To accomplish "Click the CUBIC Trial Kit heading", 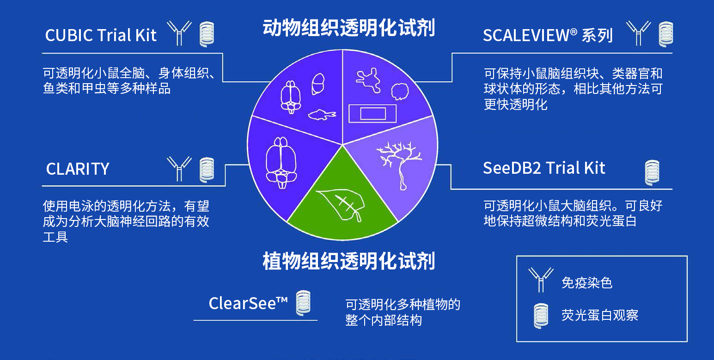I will (101, 36).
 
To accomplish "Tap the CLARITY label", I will (78, 169).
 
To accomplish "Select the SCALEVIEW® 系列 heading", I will (548, 36).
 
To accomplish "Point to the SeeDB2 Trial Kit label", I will (544, 168).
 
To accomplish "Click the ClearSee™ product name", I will (248, 304).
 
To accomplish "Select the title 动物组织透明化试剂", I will (349, 28).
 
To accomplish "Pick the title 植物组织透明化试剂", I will (349, 261).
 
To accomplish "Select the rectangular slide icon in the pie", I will (372, 113).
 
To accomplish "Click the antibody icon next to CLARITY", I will (179, 168).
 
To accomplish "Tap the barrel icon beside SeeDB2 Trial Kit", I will (652, 172).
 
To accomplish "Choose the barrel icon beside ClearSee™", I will (303, 303).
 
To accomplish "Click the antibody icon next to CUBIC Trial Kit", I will (179, 34).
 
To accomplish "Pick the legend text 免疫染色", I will (587, 282).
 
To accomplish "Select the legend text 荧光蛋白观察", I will (599, 316).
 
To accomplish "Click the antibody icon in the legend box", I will (541, 280).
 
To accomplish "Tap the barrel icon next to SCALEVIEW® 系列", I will (666, 34).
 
